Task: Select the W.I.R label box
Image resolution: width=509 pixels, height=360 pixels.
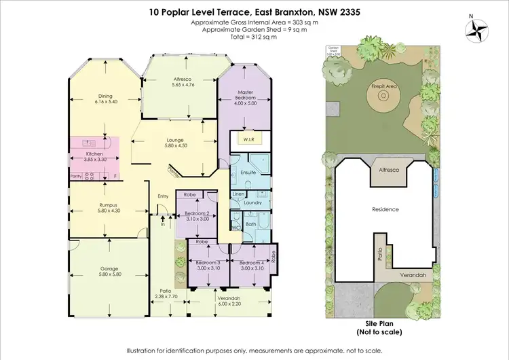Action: tap(244, 141)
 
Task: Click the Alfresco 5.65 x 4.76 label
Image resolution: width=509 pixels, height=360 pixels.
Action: tap(183, 83)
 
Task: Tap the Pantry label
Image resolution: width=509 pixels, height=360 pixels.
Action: tap(75, 176)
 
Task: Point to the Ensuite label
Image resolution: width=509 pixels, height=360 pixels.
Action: tap(248, 173)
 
